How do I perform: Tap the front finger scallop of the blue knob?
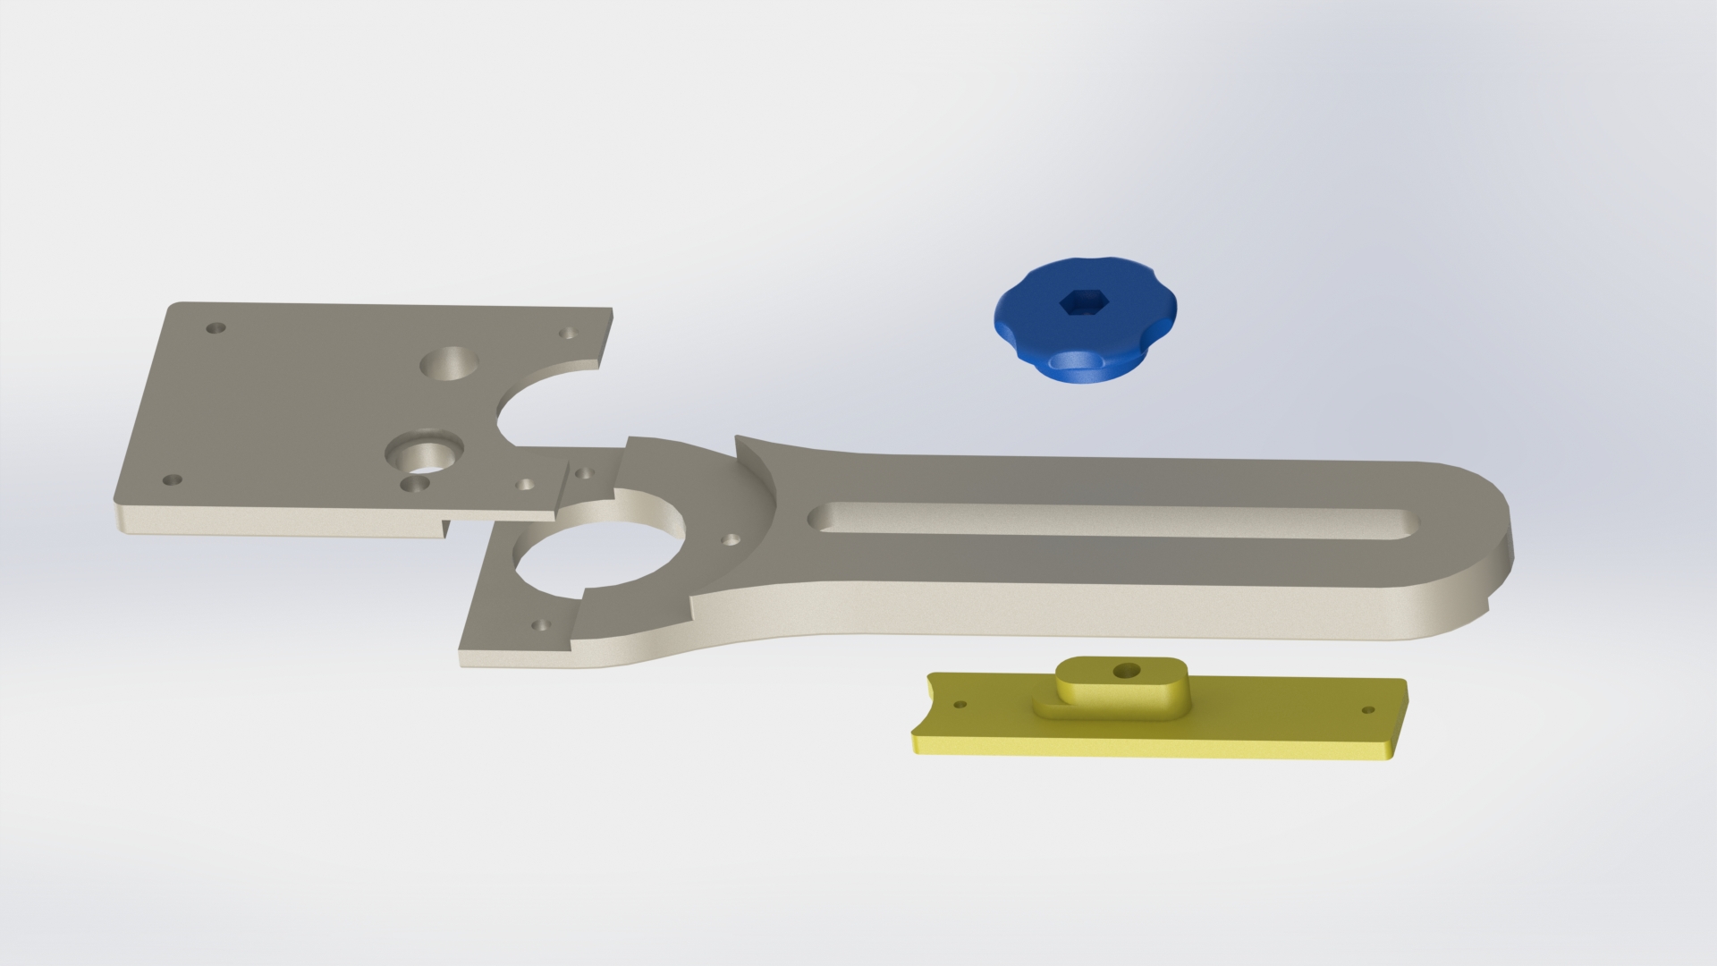coord(1070,362)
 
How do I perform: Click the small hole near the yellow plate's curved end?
coord(960,705)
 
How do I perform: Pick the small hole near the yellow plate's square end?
coord(1367,710)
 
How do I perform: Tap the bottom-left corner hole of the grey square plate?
coord(169,480)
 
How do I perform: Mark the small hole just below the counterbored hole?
coord(414,484)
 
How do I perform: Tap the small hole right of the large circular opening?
coord(731,540)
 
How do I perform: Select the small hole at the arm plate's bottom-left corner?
coord(539,625)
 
